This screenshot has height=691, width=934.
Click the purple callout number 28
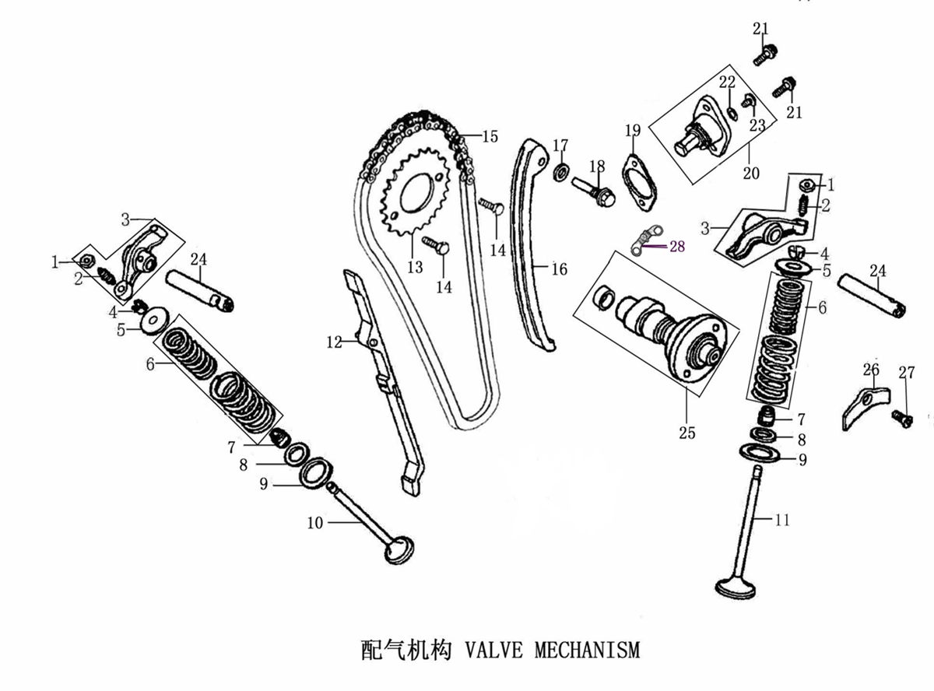click(x=677, y=246)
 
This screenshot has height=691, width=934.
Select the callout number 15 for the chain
click(x=490, y=136)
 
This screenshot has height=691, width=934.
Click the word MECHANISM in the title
click(x=588, y=649)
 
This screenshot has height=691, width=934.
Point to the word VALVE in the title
click(x=493, y=649)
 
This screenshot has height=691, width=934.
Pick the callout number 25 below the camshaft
click(x=686, y=433)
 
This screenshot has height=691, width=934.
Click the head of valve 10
click(x=399, y=550)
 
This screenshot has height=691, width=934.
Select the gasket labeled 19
click(x=638, y=182)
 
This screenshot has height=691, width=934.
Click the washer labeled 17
click(x=562, y=172)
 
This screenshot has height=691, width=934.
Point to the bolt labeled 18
click(x=593, y=192)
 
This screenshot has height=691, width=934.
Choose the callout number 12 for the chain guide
click(x=335, y=342)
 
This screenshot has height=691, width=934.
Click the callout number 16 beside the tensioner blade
click(x=559, y=268)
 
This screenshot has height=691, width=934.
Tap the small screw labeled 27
click(x=901, y=419)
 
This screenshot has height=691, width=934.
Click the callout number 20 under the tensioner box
click(x=751, y=173)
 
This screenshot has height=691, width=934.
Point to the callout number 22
click(x=727, y=82)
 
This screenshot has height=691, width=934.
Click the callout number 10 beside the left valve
click(x=314, y=523)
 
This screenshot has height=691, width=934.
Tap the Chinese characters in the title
click(x=406, y=649)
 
